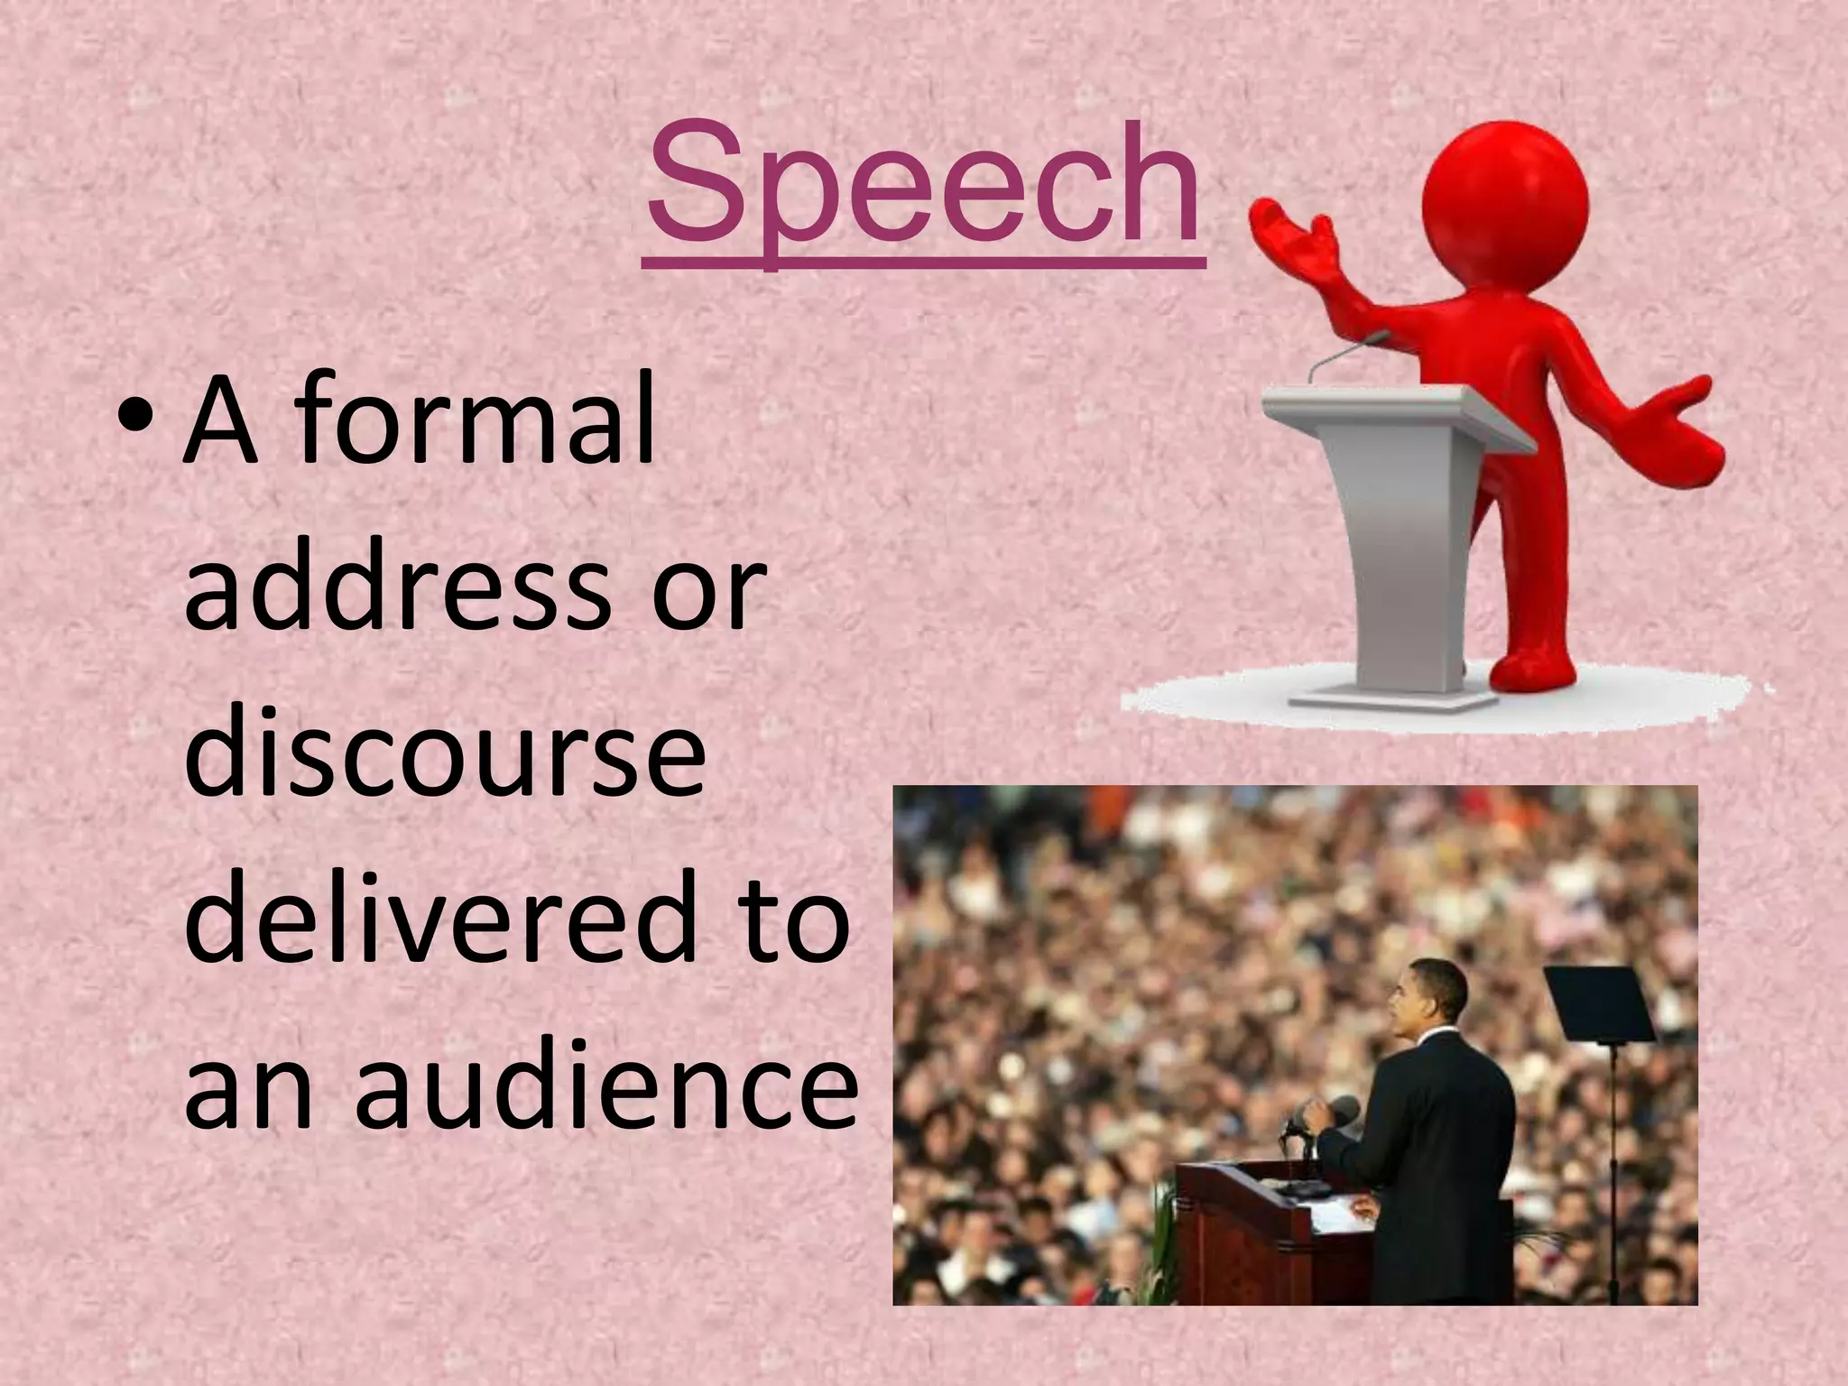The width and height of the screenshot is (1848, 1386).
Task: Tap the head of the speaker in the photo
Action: coord(1426,997)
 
